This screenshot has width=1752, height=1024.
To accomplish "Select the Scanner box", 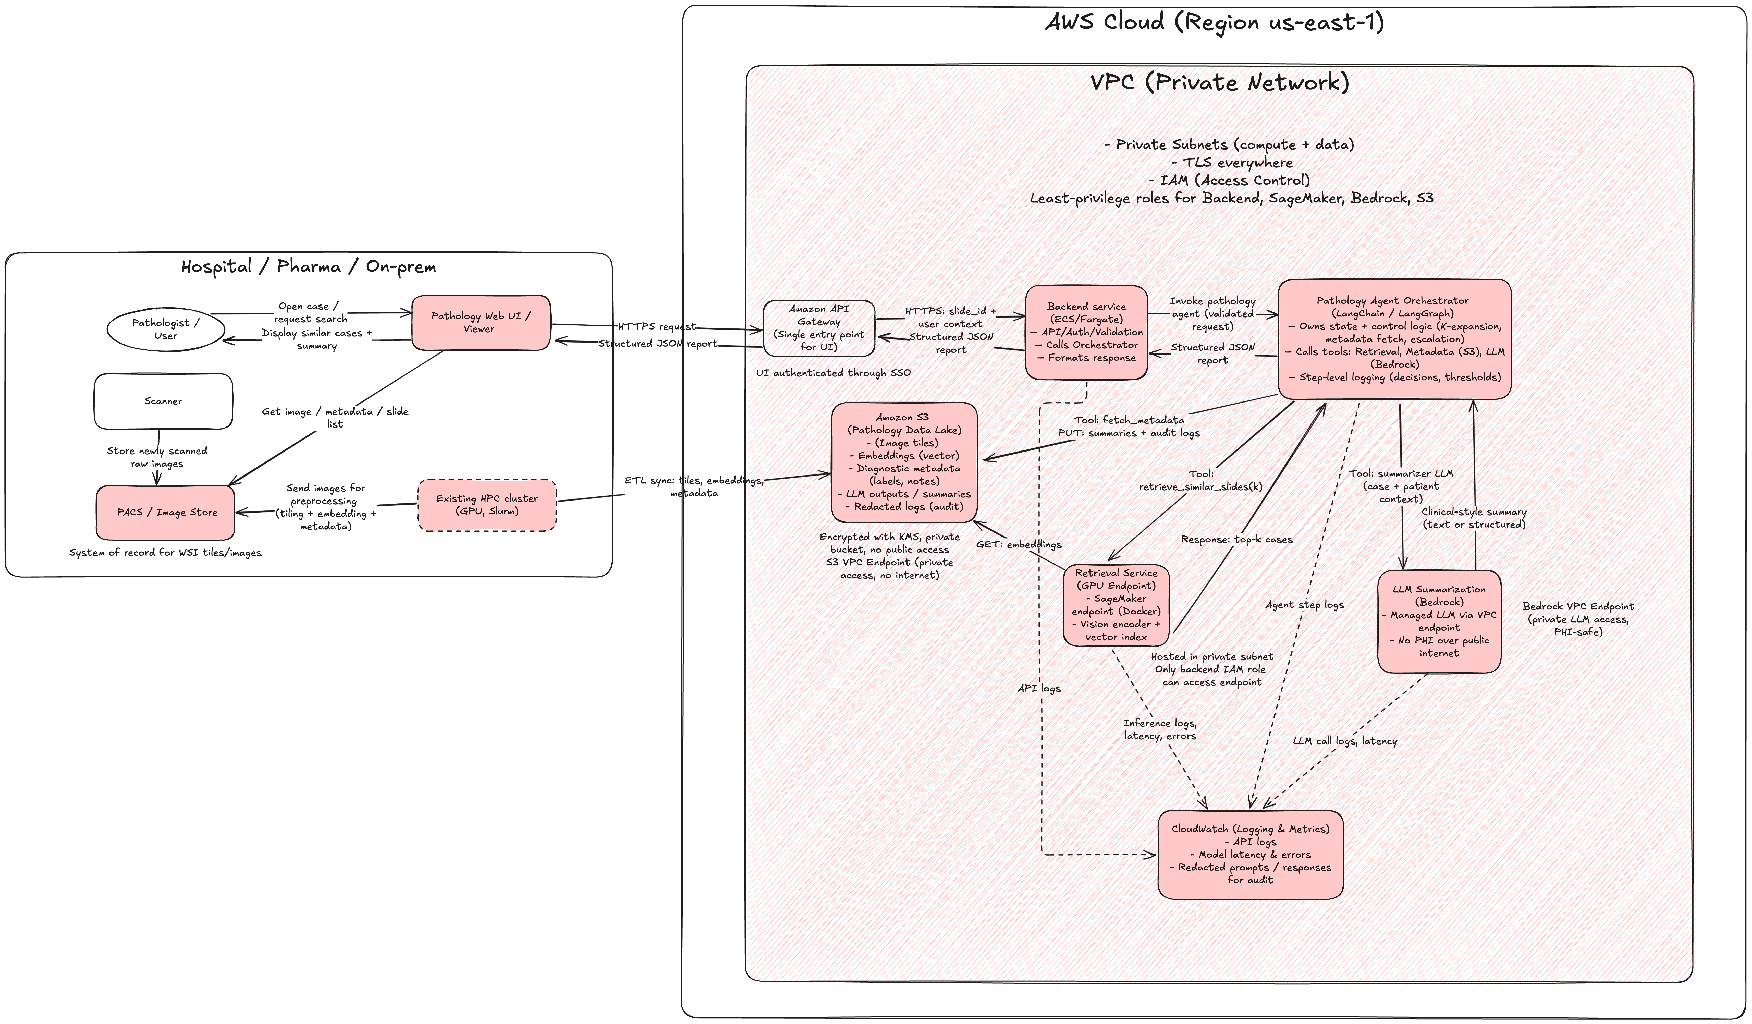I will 163,401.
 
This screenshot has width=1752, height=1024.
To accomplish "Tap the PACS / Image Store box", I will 166,512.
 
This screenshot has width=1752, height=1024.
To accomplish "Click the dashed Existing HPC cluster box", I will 487,505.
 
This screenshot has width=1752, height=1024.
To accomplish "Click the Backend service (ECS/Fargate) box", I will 1086,332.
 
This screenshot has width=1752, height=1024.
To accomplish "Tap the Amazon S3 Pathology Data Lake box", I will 904,462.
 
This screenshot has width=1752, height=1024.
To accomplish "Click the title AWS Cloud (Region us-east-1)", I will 1215,22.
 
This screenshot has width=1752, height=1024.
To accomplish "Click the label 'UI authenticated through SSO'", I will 833,373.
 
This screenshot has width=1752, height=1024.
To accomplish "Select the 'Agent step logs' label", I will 1304,605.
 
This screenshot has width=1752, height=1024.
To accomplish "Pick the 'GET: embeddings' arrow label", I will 1019,544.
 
